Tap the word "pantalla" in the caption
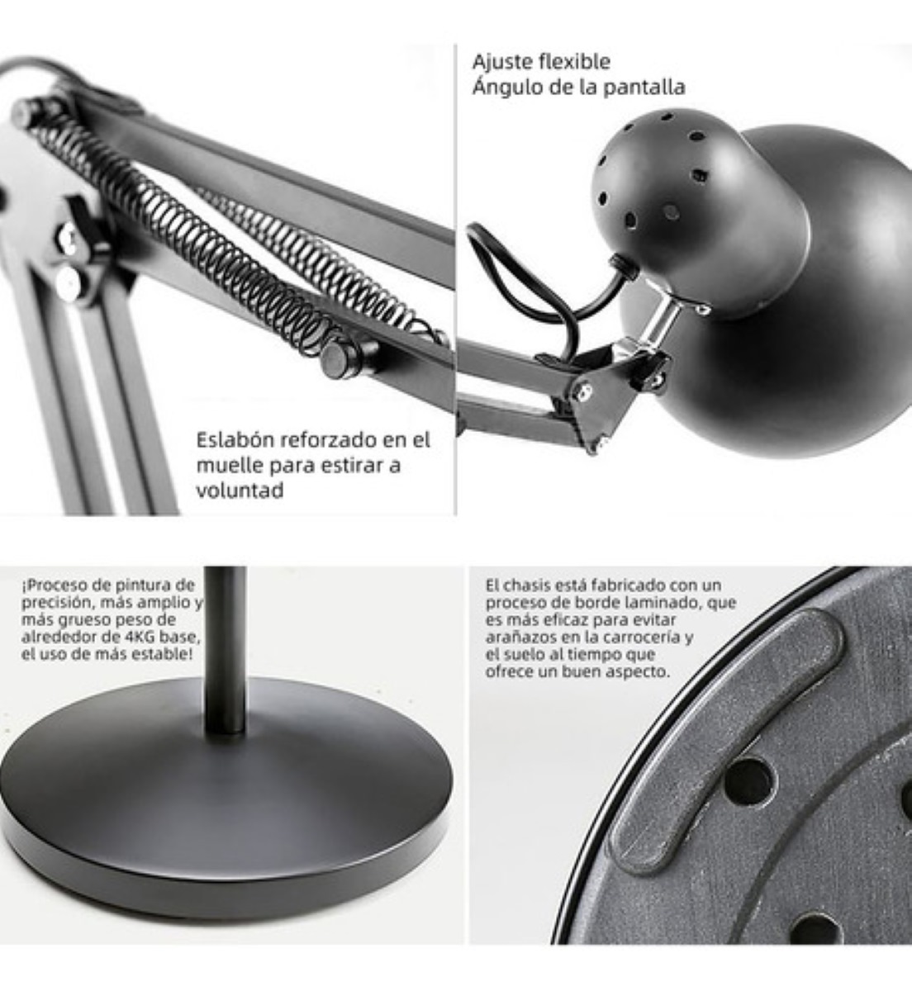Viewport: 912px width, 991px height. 644,88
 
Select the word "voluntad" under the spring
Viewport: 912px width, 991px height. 240,491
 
